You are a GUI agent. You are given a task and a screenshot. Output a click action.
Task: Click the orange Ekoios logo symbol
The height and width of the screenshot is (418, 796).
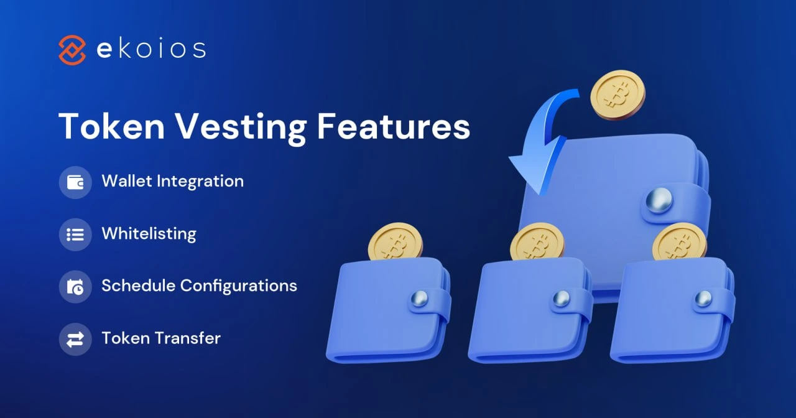(x=72, y=50)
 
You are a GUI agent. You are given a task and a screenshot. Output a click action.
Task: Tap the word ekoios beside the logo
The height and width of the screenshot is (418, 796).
(x=151, y=50)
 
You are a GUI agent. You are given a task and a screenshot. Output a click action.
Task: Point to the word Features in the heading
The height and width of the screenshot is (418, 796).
(x=393, y=126)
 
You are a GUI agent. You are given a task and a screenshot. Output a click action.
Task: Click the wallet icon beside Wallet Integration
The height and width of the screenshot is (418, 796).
(x=75, y=182)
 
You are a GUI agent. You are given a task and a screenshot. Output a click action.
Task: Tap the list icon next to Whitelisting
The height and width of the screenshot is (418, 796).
(x=75, y=235)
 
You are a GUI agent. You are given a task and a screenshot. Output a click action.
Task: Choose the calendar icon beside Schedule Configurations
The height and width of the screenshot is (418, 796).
(x=75, y=287)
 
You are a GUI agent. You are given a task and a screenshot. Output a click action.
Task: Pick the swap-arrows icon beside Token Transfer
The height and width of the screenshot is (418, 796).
(x=75, y=339)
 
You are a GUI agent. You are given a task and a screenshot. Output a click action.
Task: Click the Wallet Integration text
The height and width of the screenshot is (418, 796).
(x=172, y=182)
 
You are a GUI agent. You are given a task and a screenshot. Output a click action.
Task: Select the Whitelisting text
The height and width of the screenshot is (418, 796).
(x=149, y=234)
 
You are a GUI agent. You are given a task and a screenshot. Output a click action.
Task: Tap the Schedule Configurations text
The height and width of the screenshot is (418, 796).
(x=199, y=286)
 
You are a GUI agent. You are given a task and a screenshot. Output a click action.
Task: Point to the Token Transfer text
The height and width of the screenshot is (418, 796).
(x=161, y=338)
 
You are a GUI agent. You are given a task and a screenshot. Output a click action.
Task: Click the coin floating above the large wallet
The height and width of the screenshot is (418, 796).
(x=618, y=95)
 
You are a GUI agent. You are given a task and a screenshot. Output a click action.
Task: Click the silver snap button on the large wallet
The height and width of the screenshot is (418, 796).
(x=659, y=202)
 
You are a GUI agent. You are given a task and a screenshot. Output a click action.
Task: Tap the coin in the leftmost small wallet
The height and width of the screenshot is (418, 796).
(x=395, y=241)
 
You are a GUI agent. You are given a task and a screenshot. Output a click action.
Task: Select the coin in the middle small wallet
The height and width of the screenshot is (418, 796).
(x=537, y=241)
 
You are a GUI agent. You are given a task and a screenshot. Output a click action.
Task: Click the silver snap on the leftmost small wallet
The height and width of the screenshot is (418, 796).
(x=421, y=299)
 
